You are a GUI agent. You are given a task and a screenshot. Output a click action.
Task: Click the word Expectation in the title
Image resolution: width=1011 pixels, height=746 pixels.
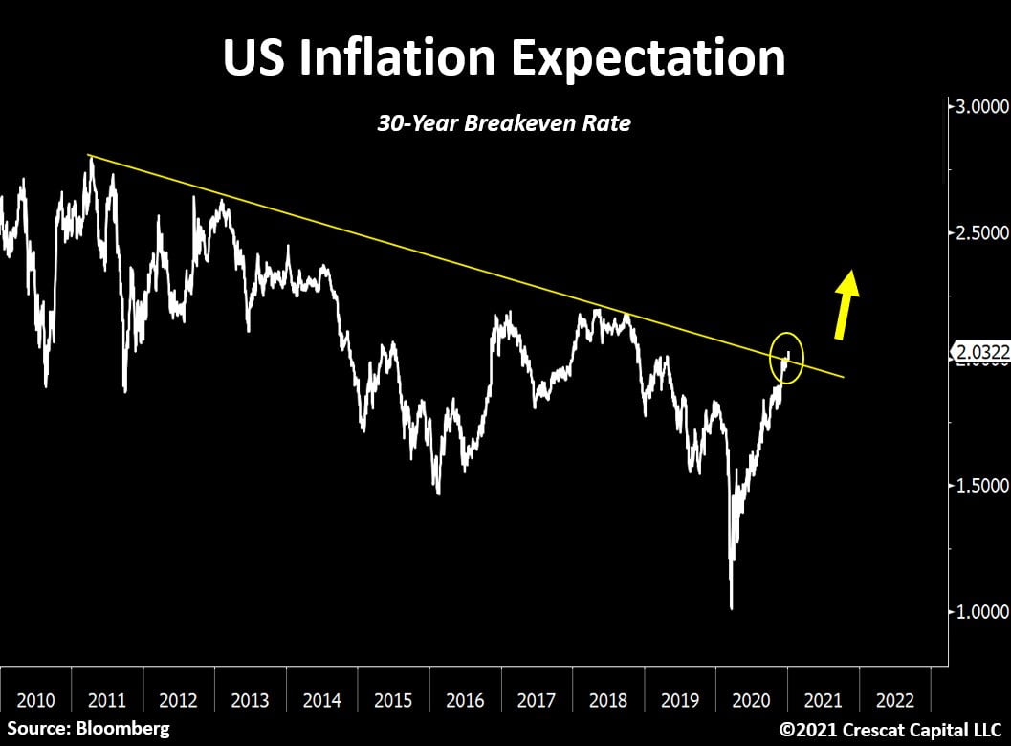pyautogui.click(x=648, y=57)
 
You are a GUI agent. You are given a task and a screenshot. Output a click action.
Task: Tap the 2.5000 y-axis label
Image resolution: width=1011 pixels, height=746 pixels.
pyautogui.click(x=978, y=232)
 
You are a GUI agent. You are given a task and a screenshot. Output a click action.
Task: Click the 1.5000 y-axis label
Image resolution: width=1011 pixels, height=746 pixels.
pyautogui.click(x=978, y=485)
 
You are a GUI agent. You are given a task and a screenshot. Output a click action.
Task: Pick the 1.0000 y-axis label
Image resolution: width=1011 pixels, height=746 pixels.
pyautogui.click(x=978, y=611)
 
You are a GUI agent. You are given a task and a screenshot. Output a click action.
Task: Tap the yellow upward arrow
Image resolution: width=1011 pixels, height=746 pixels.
pyautogui.click(x=845, y=305)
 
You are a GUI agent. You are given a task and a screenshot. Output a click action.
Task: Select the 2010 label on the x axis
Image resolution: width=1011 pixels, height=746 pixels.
pyautogui.click(x=35, y=699)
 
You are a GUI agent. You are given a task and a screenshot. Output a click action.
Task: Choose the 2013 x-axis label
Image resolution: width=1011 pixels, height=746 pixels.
pyautogui.click(x=251, y=699)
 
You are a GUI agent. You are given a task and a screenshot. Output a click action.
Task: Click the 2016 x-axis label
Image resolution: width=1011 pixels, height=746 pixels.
pyautogui.click(x=466, y=699)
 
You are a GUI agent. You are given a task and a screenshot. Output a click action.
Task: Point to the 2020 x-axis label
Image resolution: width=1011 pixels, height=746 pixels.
pyautogui.click(x=752, y=699)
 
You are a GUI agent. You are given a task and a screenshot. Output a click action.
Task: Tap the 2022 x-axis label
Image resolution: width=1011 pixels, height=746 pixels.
pyautogui.click(x=895, y=699)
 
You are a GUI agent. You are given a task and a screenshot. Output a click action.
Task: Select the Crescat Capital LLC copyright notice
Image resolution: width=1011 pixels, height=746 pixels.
pyautogui.click(x=890, y=729)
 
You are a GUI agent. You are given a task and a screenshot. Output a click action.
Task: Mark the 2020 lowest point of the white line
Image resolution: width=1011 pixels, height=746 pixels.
pyautogui.click(x=732, y=607)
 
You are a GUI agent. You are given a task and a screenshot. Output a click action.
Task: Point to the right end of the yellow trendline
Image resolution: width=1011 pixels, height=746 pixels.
pyautogui.click(x=843, y=377)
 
